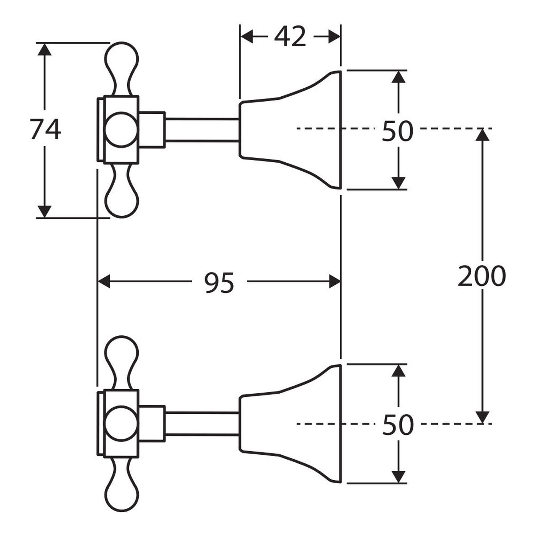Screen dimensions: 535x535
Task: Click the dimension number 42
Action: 290,37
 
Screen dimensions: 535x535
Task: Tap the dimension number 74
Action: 45,129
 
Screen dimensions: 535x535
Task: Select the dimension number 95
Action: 219,283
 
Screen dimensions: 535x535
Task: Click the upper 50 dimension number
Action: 398,131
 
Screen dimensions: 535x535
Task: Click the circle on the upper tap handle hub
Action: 121,129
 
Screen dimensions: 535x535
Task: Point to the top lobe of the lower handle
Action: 121,362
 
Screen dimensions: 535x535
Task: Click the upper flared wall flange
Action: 290,130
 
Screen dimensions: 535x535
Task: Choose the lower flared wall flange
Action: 290,424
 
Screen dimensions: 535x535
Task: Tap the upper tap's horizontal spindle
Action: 202,130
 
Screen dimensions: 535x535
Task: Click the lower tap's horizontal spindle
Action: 202,424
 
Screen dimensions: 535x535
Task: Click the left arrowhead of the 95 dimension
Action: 104,281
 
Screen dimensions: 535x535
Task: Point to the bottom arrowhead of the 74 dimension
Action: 45,212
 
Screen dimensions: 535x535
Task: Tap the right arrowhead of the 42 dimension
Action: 334,37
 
